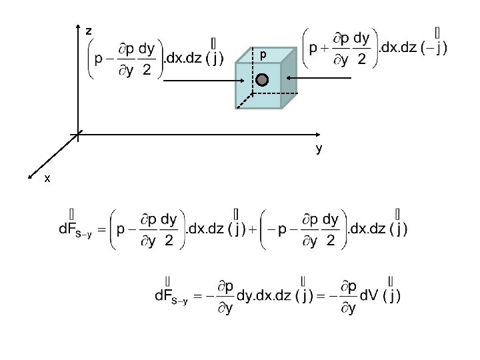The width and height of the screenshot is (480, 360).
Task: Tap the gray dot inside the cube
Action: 262,80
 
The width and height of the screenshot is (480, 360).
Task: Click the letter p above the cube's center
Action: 263,54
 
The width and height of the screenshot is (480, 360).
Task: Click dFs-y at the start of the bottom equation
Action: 171,296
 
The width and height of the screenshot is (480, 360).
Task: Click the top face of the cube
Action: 267,55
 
